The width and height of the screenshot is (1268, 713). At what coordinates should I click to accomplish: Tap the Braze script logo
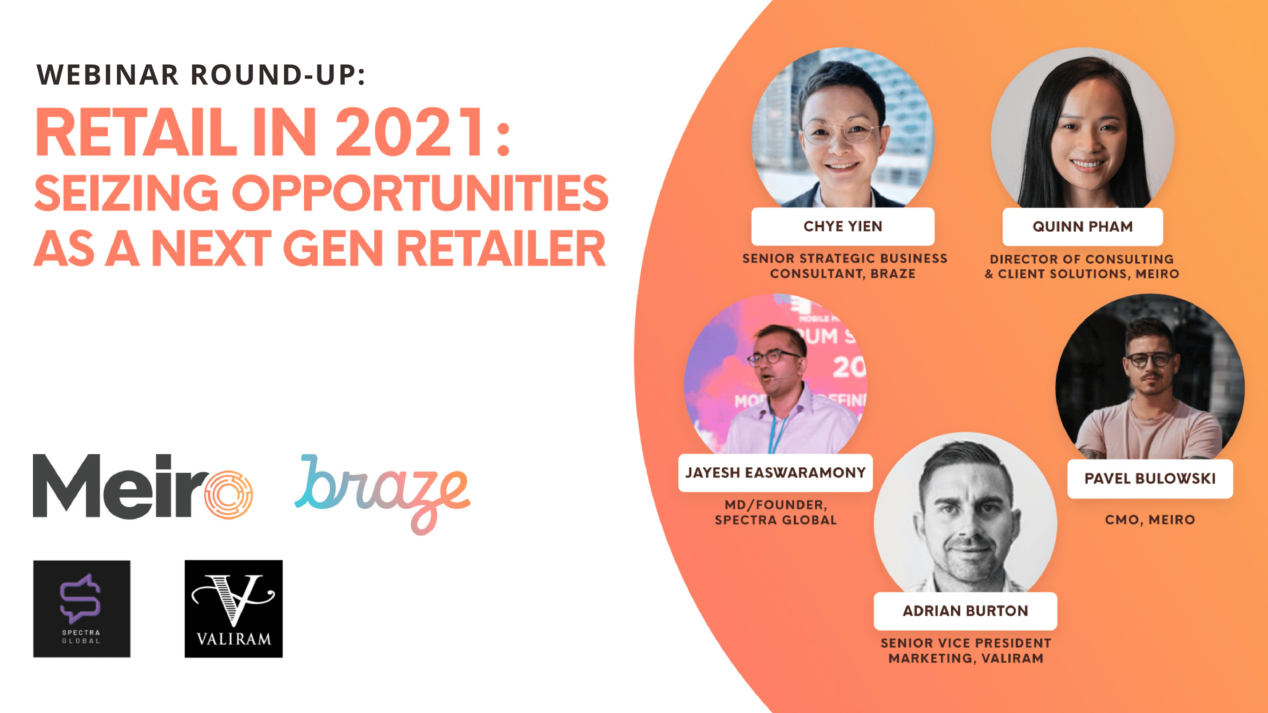pos(383,492)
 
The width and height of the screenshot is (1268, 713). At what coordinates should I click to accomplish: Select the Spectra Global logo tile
pos(82,609)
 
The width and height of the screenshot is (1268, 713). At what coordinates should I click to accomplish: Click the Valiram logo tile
pos(233,609)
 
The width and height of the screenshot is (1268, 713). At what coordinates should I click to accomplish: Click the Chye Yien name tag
pos(843,226)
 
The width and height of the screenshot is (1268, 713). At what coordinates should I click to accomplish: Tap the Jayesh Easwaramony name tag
pos(775,473)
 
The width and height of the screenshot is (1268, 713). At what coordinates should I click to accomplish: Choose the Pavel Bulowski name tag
pos(1150,478)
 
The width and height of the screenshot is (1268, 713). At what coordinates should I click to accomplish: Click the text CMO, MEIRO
pos(1150,520)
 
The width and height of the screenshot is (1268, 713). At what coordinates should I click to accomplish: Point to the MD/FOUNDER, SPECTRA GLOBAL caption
pos(775,512)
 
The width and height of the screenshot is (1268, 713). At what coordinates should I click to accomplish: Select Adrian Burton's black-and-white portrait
pos(965,517)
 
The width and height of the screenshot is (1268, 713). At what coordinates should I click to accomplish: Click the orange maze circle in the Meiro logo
pos(228,495)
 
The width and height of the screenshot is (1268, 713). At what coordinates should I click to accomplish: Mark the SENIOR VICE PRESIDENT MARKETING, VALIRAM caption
pos(965,651)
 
